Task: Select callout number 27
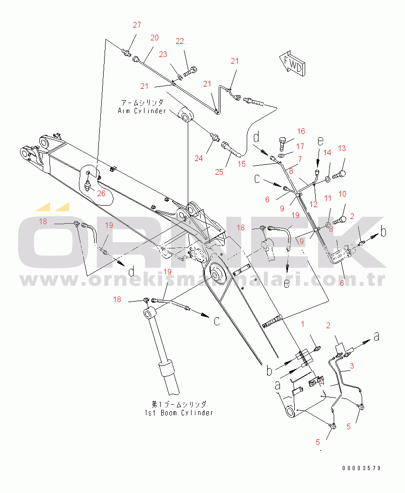137,25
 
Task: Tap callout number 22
179,41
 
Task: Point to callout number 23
163,55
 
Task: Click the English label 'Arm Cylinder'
142,111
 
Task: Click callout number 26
101,193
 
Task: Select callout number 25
219,171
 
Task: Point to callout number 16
301,131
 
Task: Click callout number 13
342,149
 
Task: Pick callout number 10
342,194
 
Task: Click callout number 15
242,164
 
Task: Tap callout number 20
154,38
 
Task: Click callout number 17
300,147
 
